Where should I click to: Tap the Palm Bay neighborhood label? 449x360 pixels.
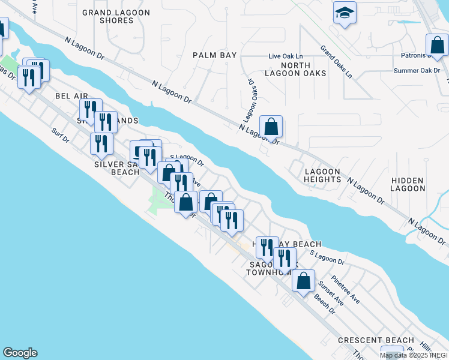(214, 55)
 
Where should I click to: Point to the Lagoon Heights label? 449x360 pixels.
(322, 175)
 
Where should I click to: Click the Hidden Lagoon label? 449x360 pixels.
(408, 184)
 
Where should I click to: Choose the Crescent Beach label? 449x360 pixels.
(370, 340)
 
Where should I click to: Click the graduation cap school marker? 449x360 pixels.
(345, 13)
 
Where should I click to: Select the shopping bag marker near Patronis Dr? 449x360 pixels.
(436, 46)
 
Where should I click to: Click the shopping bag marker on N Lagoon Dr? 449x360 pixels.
(271, 127)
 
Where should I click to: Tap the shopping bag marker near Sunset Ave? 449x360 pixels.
(304, 280)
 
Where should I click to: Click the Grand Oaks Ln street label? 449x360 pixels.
(336, 61)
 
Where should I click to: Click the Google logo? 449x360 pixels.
(20, 353)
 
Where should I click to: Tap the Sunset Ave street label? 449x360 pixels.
(330, 293)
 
